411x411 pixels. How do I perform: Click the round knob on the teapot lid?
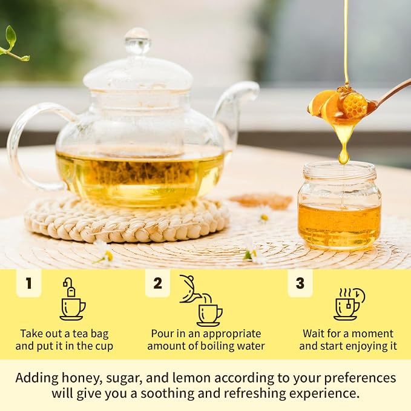point(137,41)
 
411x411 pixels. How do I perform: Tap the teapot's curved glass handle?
point(16,146)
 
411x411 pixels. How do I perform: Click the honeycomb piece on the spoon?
point(355,104)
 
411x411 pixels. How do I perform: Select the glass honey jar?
point(340,205)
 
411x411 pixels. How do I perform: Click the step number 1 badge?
point(29,283)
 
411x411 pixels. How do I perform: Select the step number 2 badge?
point(157,283)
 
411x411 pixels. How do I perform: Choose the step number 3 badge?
point(300,283)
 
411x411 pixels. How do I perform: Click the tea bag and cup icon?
point(73,299)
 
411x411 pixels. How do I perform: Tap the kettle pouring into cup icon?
point(201,300)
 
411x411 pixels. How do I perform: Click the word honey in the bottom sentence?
point(79,378)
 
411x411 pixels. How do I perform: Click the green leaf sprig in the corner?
point(14,45)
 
